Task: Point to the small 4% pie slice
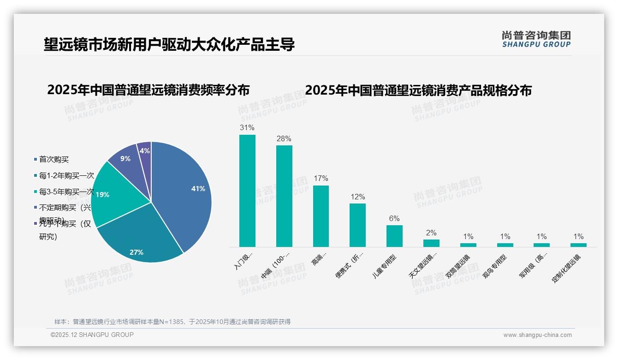click(x=145, y=151)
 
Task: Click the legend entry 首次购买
click(x=53, y=159)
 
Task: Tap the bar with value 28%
click(x=284, y=196)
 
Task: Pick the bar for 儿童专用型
click(x=394, y=236)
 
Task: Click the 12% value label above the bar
click(x=357, y=197)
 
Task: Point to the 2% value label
click(x=431, y=233)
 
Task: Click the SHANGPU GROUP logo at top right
click(x=536, y=39)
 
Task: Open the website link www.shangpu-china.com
click(x=537, y=335)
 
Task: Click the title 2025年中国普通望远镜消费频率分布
click(x=148, y=90)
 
